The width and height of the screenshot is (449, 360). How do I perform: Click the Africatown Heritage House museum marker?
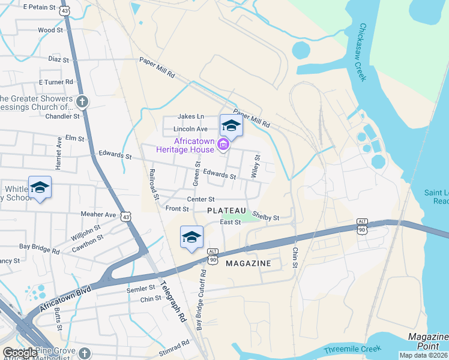224,145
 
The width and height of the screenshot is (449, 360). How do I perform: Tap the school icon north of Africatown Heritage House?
231,126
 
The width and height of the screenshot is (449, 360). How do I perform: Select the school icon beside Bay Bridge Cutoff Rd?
191,237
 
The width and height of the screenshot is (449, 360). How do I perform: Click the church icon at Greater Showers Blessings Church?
82,102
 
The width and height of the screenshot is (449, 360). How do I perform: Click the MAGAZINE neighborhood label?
248,263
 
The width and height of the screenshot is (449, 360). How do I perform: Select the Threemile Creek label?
349,350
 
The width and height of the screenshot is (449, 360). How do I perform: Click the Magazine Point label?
429,341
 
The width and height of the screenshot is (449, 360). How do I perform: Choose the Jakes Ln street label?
191,116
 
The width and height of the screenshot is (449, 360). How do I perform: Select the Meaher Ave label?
98,214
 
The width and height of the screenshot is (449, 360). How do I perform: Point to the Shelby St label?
265,216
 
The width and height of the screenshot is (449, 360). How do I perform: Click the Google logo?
20,353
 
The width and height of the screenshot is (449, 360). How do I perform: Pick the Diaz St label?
59,60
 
